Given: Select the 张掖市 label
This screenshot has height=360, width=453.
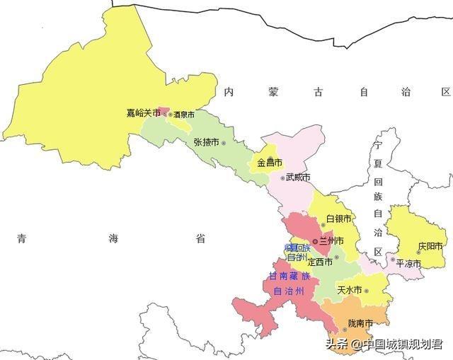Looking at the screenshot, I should click(206, 142).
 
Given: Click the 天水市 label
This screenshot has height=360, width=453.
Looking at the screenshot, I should click(349, 290).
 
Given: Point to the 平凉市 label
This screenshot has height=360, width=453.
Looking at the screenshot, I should click(409, 264).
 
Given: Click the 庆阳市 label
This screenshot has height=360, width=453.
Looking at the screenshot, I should click(430, 246).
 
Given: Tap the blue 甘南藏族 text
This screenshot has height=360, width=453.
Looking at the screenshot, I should click(289, 276).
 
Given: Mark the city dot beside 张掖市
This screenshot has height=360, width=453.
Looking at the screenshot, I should click(224, 143).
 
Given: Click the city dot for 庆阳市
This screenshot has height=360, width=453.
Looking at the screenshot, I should click(418, 252).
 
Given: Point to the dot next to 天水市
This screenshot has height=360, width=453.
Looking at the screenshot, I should click(366, 291).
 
